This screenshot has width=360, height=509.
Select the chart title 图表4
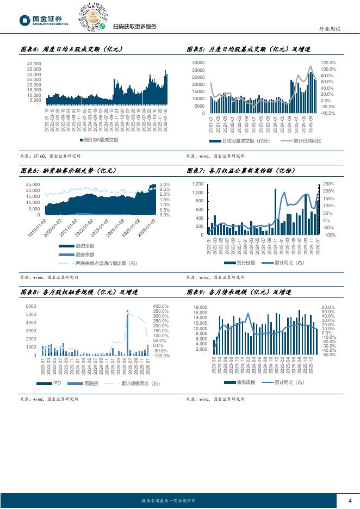click(71, 49)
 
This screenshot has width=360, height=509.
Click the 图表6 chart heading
click(67, 171)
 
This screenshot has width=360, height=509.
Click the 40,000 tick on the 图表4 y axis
click(34, 64)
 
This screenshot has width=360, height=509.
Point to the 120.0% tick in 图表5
click(328, 63)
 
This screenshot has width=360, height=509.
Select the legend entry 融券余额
click(84, 254)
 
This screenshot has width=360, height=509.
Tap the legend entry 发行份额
click(243, 263)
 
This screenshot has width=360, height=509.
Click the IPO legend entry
click(56, 384)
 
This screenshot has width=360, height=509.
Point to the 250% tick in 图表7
click(328, 184)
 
